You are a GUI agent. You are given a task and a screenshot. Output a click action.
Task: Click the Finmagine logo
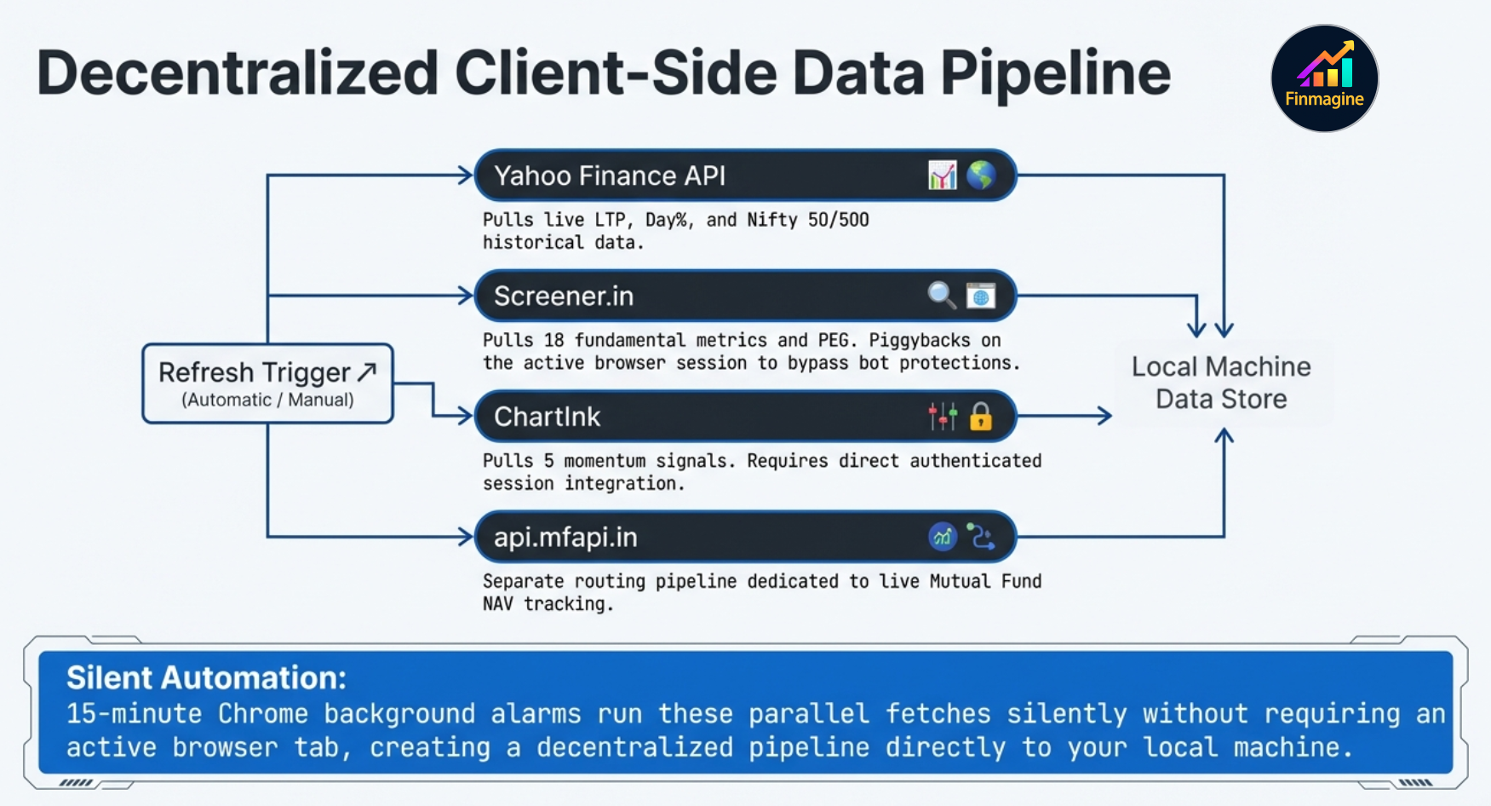(1324, 78)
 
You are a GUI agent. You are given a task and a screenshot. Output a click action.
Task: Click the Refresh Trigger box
(267, 383)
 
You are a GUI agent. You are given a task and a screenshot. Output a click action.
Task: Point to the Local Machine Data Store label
(1221, 383)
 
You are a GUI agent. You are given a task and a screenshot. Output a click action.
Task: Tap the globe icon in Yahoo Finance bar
(981, 176)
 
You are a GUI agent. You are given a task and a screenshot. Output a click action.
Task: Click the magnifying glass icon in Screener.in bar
(941, 295)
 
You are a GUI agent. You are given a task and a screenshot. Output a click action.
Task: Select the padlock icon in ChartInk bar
(981, 417)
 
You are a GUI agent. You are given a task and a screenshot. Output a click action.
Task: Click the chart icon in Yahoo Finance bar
(942, 176)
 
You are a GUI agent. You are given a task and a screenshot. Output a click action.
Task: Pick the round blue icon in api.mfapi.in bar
(943, 538)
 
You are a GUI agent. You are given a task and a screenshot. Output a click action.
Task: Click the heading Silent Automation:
(207, 678)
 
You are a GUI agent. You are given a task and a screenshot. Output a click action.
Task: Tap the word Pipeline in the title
(1055, 73)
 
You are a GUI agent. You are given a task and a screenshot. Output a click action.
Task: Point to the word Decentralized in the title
(237, 73)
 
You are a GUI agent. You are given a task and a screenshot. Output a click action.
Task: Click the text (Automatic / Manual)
(267, 400)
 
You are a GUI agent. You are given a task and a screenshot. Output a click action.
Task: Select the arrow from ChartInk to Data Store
(1064, 417)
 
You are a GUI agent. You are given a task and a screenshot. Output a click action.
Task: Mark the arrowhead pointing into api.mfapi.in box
(465, 537)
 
